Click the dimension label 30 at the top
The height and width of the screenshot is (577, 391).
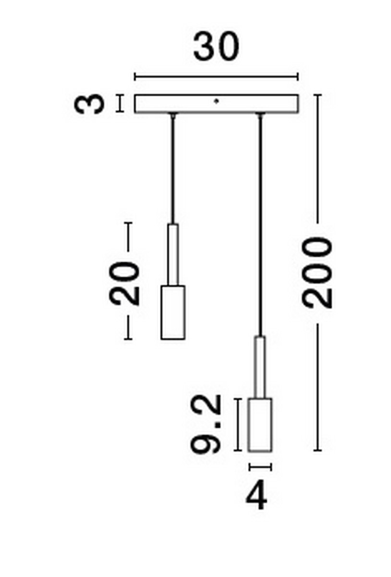click(216, 47)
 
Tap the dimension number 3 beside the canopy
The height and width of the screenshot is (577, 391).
click(89, 104)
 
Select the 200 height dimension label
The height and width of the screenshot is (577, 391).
click(317, 273)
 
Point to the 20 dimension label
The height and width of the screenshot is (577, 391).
click(124, 283)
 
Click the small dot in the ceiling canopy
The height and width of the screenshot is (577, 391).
click(216, 101)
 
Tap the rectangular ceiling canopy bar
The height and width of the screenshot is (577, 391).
click(217, 104)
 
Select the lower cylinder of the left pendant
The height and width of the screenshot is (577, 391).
click(173, 313)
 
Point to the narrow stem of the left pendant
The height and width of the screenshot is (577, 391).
click(173, 254)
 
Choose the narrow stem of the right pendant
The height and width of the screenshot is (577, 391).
click(260, 367)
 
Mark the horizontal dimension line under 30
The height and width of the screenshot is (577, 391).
click(216, 77)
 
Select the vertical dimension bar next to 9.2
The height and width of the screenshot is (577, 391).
click(238, 425)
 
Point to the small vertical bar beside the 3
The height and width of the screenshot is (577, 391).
click(120, 103)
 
